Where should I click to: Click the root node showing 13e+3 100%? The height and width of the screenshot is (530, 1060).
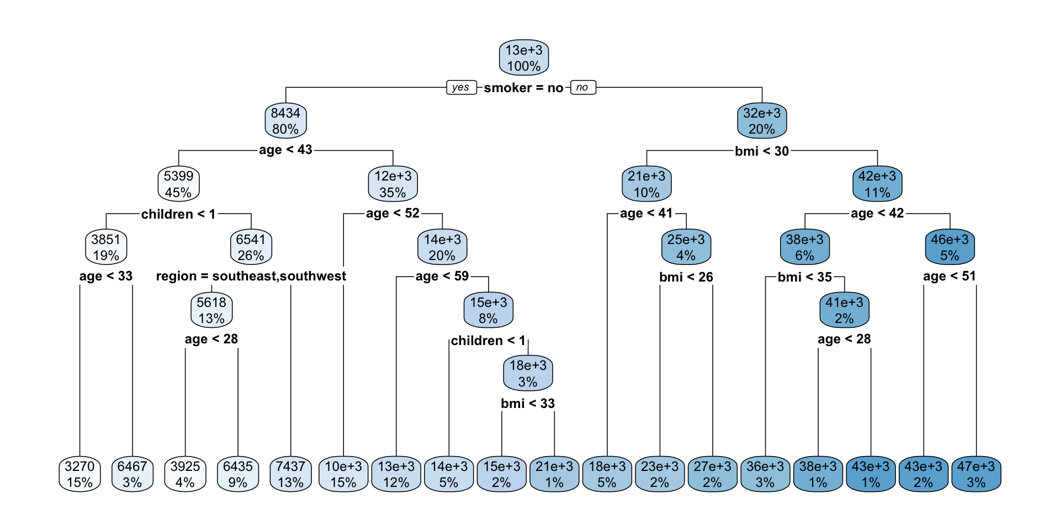point(523,58)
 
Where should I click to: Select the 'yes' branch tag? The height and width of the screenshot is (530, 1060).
point(460,87)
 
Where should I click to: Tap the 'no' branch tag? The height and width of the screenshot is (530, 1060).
point(582,87)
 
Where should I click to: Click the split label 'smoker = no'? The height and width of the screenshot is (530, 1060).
point(523,88)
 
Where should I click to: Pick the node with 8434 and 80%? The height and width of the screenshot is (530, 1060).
point(285,121)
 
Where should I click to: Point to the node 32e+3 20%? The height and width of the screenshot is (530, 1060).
point(762,121)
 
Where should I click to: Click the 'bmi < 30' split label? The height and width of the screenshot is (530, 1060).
point(762,151)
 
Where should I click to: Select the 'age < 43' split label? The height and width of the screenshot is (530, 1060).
point(285,150)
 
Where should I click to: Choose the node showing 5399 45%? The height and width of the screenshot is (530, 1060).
point(178,184)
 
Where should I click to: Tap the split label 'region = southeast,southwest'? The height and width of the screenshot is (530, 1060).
point(251,276)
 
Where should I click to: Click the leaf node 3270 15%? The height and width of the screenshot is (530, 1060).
point(79,474)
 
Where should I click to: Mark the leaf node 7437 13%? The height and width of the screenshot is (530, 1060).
point(290,474)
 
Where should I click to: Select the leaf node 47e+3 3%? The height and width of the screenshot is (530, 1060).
point(976,474)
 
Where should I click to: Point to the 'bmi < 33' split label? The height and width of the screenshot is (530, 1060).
point(528,404)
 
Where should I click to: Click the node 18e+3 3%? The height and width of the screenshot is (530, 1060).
point(528,373)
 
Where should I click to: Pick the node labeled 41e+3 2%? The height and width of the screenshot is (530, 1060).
point(844,310)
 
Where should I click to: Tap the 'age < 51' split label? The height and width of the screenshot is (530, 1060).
point(950,276)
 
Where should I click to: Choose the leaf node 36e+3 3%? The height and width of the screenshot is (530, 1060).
point(765,474)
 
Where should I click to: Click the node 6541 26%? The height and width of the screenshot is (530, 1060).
point(251,247)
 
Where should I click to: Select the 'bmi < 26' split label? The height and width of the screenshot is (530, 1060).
point(686,277)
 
